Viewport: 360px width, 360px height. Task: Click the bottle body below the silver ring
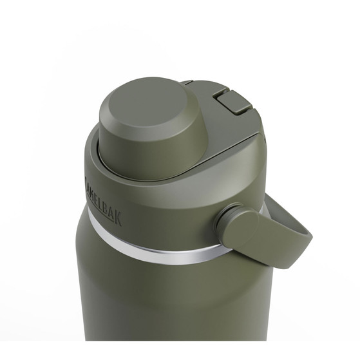click(x=161, y=303)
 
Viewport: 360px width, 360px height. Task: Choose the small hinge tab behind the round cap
click(x=186, y=82)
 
